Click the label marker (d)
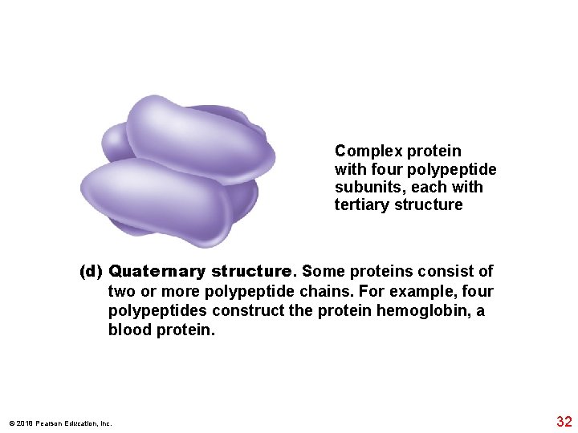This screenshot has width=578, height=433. tap(91, 271)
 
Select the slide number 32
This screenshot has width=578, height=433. tap(564, 421)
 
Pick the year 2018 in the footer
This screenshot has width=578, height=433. tap(21, 423)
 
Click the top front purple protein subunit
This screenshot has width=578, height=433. tap(201, 136)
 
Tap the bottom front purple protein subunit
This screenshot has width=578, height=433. tap(157, 200)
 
